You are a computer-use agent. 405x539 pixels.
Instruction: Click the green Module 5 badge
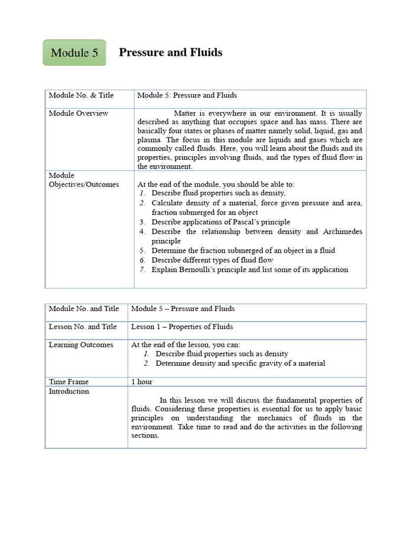[x=74, y=53]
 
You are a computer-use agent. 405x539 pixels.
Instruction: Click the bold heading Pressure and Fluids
[x=170, y=52]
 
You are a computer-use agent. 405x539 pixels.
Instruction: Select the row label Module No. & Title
[x=81, y=95]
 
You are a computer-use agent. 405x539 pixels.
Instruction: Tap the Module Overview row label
[x=79, y=113]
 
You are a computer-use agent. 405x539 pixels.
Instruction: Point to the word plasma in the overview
[x=149, y=139]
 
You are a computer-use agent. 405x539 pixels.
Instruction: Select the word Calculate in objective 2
[x=169, y=203]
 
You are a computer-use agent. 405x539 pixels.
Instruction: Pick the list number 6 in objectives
[x=142, y=260]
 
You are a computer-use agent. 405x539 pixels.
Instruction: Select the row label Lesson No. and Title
[x=83, y=326]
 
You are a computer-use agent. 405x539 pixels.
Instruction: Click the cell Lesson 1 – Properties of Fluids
[x=182, y=326]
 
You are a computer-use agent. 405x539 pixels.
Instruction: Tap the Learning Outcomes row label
[x=81, y=345]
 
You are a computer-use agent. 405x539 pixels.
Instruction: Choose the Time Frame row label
[x=69, y=382]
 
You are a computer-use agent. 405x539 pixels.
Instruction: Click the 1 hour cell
[x=142, y=382]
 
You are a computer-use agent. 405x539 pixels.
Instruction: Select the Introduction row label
[x=69, y=391]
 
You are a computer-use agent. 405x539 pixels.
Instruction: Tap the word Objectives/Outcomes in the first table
[x=84, y=184]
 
